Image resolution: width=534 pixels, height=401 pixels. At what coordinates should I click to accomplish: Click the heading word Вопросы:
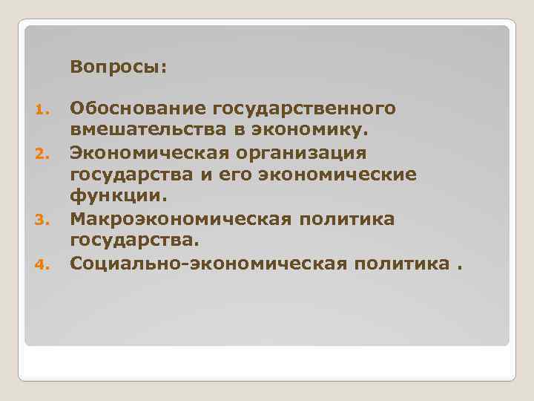(119, 68)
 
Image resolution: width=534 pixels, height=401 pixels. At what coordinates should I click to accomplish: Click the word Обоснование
(138, 109)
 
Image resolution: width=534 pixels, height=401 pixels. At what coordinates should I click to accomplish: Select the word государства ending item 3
(135, 241)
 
